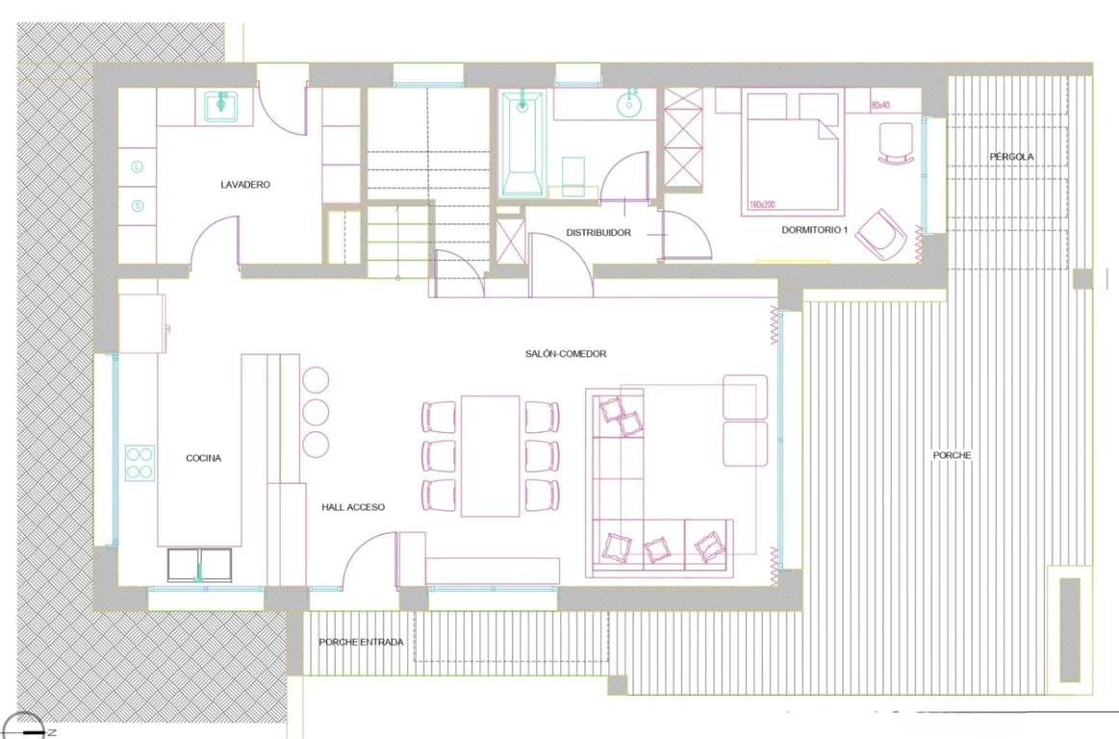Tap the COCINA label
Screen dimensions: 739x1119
tap(203, 458)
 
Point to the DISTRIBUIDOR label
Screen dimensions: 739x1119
tap(598, 232)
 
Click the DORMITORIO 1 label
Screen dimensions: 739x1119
tap(815, 230)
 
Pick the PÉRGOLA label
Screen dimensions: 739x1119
tap(1011, 156)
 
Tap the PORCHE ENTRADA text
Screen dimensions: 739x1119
tap(361, 642)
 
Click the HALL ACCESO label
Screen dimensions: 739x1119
tap(353, 507)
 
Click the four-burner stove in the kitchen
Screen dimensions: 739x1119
tap(140, 461)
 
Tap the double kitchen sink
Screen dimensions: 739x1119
tap(200, 565)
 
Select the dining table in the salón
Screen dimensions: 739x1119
tap(491, 455)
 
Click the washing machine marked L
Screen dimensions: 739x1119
tap(138, 166)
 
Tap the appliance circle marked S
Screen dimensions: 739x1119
tap(138, 205)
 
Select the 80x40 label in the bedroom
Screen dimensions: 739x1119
tap(880, 103)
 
